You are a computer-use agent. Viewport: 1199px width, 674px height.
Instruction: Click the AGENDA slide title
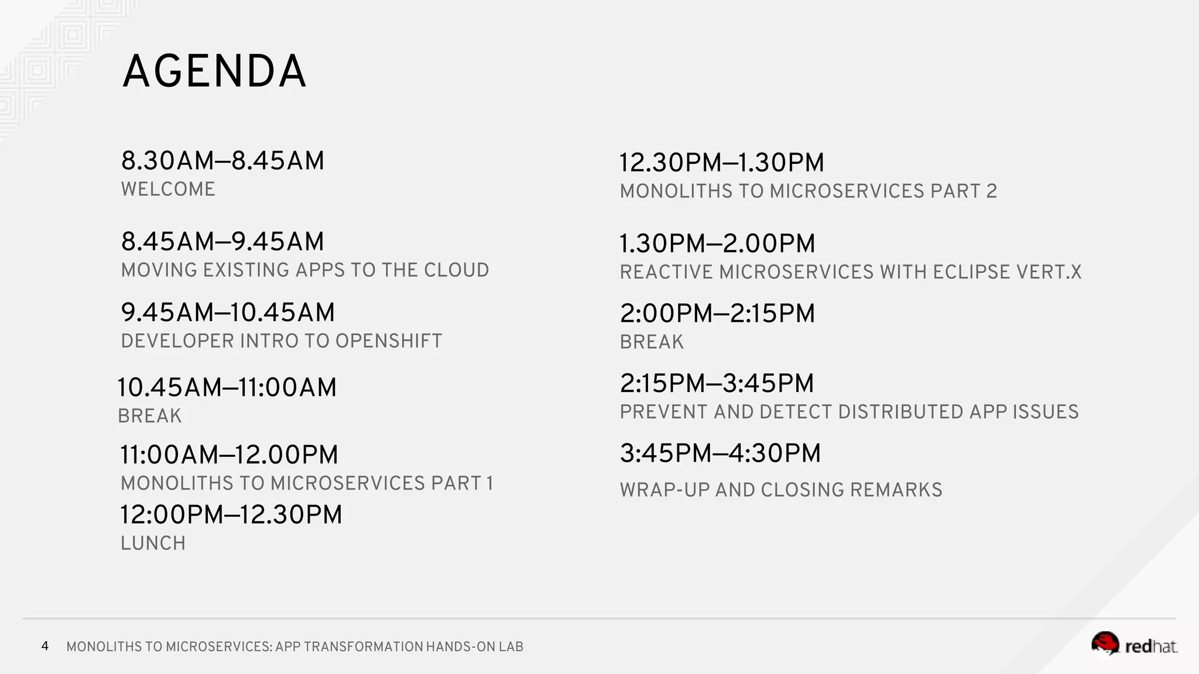tap(214, 71)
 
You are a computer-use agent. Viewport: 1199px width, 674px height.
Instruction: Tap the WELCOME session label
tap(168, 190)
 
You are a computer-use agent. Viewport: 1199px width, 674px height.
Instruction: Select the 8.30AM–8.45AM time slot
tap(222, 161)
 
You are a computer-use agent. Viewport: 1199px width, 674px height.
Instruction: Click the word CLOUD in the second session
tap(456, 270)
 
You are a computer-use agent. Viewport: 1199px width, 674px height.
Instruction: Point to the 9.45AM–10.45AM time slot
tap(228, 312)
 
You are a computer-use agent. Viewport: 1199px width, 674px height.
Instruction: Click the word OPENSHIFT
tap(389, 341)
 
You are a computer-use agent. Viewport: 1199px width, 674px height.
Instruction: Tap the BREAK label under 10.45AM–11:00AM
tap(150, 416)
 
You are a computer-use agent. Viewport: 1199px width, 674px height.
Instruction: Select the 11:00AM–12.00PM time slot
tap(229, 455)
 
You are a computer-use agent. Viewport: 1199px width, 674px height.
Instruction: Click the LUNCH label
tap(153, 544)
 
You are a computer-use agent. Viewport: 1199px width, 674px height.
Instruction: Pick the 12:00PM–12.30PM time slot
tap(231, 515)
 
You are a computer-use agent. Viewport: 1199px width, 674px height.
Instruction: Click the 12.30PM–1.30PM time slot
tap(721, 163)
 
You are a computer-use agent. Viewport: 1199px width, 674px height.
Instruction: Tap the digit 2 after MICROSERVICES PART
tap(991, 191)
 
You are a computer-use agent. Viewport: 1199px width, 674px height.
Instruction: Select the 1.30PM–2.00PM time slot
tap(717, 243)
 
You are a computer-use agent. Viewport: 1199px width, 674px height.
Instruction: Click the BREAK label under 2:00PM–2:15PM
tap(652, 342)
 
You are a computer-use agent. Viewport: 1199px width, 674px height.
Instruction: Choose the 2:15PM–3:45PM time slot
tap(717, 383)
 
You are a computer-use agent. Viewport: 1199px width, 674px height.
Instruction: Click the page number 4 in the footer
tap(45, 646)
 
